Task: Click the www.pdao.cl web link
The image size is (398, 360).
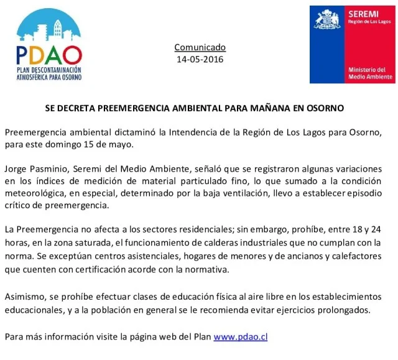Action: point(240,337)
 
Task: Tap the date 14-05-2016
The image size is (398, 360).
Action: point(200,59)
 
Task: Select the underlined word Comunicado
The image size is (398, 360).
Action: point(200,47)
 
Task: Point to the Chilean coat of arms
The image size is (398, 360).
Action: point(328,19)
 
